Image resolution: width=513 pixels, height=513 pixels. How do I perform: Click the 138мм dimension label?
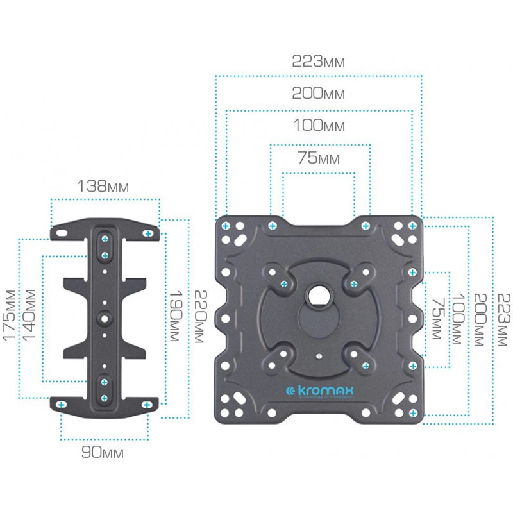coord(103,187)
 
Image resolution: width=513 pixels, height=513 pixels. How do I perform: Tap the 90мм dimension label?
coord(103,453)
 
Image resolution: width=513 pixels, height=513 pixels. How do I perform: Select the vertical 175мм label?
coord(9,315)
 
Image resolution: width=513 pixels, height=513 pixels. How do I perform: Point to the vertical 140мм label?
coord(29,315)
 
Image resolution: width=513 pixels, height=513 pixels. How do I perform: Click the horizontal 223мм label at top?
coord(318,61)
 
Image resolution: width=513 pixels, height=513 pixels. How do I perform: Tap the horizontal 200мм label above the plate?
coord(318,93)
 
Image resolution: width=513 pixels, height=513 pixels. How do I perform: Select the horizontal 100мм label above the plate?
coord(319,125)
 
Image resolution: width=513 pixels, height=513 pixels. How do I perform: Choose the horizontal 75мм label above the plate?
coord(319,158)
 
